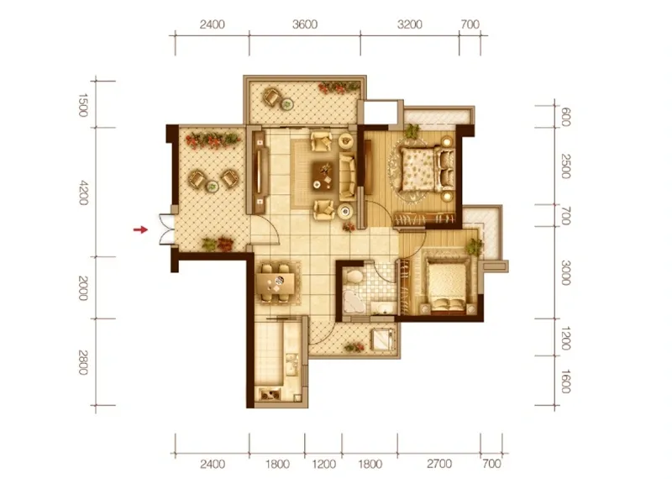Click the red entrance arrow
click(140, 230)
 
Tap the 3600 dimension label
click(305, 24)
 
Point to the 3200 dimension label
click(410, 24)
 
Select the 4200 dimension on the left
click(83, 193)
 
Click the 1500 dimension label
click(83, 105)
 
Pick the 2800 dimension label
click(83, 362)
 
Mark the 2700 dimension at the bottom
click(439, 464)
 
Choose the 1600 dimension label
click(565, 382)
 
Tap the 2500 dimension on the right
click(565, 166)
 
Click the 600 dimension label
click(565, 117)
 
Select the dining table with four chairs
click(276, 283)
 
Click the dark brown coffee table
click(323, 176)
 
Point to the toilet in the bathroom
click(354, 276)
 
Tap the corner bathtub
click(354, 303)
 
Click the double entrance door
click(166, 229)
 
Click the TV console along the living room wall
click(260, 172)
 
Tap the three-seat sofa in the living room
click(348, 177)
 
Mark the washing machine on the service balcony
click(382, 340)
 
